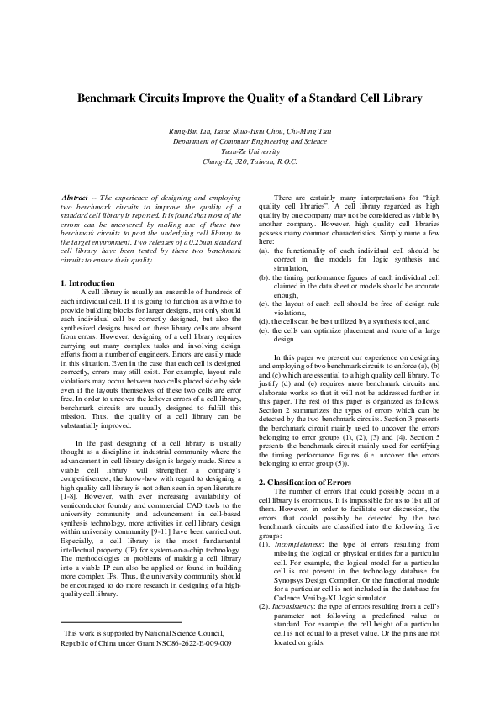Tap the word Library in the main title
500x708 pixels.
[x=398, y=98]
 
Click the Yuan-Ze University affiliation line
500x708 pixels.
[x=250, y=151]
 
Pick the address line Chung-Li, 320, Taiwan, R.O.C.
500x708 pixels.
[x=250, y=161]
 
